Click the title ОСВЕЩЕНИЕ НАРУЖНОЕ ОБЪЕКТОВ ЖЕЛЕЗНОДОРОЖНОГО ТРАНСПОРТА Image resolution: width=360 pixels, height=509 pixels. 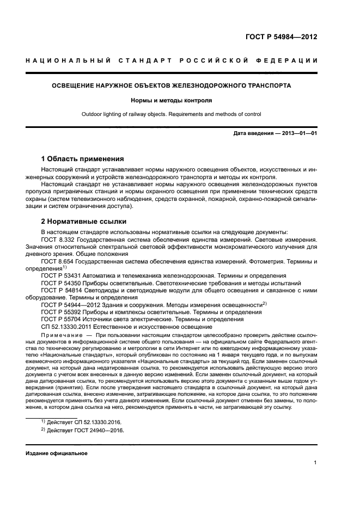coord(172,85)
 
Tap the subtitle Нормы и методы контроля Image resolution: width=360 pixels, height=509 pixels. coord(172,100)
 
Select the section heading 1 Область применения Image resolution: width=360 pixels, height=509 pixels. coord(83,159)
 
